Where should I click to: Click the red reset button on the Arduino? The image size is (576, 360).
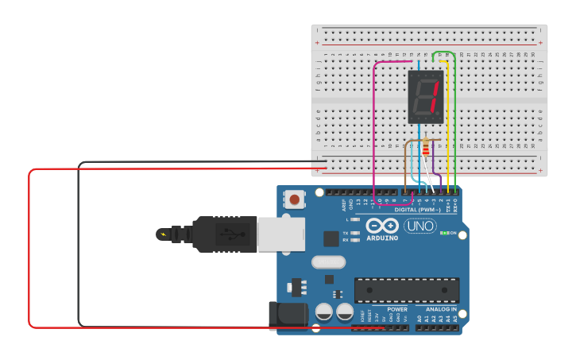(x=295, y=199)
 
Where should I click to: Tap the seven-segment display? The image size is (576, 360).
(x=425, y=96)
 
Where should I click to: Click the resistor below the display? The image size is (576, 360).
(x=426, y=147)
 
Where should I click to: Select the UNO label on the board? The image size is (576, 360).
(x=420, y=226)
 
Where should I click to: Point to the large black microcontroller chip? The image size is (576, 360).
(x=407, y=289)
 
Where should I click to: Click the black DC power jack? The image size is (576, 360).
(x=287, y=315)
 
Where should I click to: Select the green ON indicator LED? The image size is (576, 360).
(x=444, y=233)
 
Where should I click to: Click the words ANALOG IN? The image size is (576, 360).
(x=441, y=309)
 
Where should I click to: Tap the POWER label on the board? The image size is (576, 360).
(x=397, y=309)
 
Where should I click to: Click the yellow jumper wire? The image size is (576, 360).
(x=449, y=127)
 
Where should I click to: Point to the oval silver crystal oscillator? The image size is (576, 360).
(x=329, y=261)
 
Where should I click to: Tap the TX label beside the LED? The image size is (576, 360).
(x=346, y=232)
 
